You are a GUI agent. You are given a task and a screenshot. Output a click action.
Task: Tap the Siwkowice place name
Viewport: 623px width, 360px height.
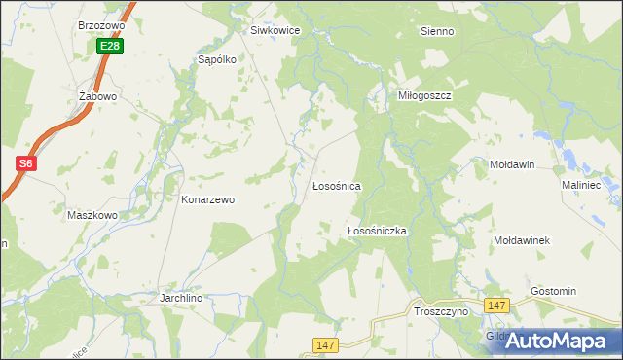point(275,30)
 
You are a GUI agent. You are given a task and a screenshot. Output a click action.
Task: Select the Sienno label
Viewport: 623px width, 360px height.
point(437,31)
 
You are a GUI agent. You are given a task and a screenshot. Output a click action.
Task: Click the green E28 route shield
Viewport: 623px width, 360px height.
point(110,46)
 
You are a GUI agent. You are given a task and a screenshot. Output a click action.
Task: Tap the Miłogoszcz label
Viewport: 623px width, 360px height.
point(425,96)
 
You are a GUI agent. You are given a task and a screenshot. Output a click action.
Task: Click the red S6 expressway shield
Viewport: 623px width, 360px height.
point(26,163)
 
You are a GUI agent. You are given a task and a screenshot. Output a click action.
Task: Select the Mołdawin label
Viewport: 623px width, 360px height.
point(512,164)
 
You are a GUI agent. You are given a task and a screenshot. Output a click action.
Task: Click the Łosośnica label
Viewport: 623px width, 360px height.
point(337,185)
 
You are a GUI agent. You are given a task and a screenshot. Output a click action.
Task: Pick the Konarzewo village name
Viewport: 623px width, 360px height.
point(208,199)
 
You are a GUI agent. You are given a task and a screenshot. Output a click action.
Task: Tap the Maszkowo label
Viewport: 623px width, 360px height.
point(92,215)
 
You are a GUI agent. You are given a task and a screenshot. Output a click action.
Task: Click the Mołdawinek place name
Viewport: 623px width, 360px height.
point(523,239)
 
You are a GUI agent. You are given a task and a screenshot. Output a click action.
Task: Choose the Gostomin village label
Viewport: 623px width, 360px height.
point(553,291)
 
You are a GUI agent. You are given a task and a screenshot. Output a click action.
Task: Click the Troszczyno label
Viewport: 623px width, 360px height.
point(441,310)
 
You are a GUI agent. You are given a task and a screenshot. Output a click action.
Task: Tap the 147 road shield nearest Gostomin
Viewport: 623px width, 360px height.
point(497,306)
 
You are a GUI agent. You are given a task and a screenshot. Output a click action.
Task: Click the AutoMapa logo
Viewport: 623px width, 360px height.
point(557,341)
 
